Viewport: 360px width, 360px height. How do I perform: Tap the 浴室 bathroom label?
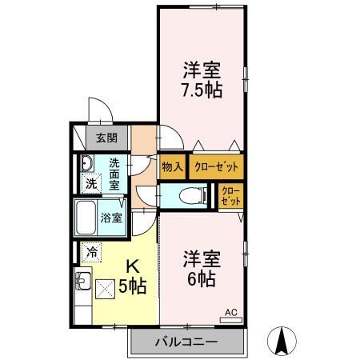(x=111, y=217)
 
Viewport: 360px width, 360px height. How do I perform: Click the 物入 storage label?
(x=171, y=167)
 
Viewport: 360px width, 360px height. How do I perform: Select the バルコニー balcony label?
(x=186, y=342)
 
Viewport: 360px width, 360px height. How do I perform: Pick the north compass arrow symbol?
(x=282, y=342)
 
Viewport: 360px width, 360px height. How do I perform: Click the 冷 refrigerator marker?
(x=92, y=252)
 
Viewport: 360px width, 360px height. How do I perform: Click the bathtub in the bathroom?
(x=86, y=218)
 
